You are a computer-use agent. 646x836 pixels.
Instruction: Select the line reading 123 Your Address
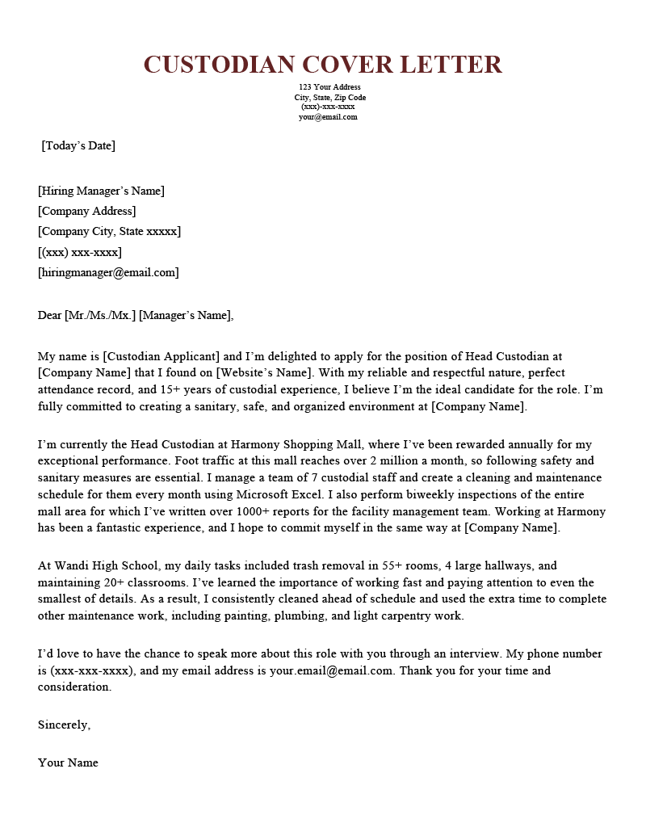[329, 87]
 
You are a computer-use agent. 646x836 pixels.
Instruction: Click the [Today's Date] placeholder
[78, 146]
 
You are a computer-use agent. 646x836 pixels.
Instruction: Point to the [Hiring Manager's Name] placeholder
[101, 191]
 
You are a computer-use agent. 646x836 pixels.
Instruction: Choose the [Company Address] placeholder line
[86, 212]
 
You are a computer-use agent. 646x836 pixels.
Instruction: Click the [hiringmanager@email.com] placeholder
[108, 272]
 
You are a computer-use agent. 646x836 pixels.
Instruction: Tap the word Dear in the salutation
[49, 315]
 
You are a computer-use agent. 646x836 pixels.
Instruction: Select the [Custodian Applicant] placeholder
[161, 356]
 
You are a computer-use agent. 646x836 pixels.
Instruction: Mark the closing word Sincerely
[64, 725]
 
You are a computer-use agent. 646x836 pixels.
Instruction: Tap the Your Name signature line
[68, 763]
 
